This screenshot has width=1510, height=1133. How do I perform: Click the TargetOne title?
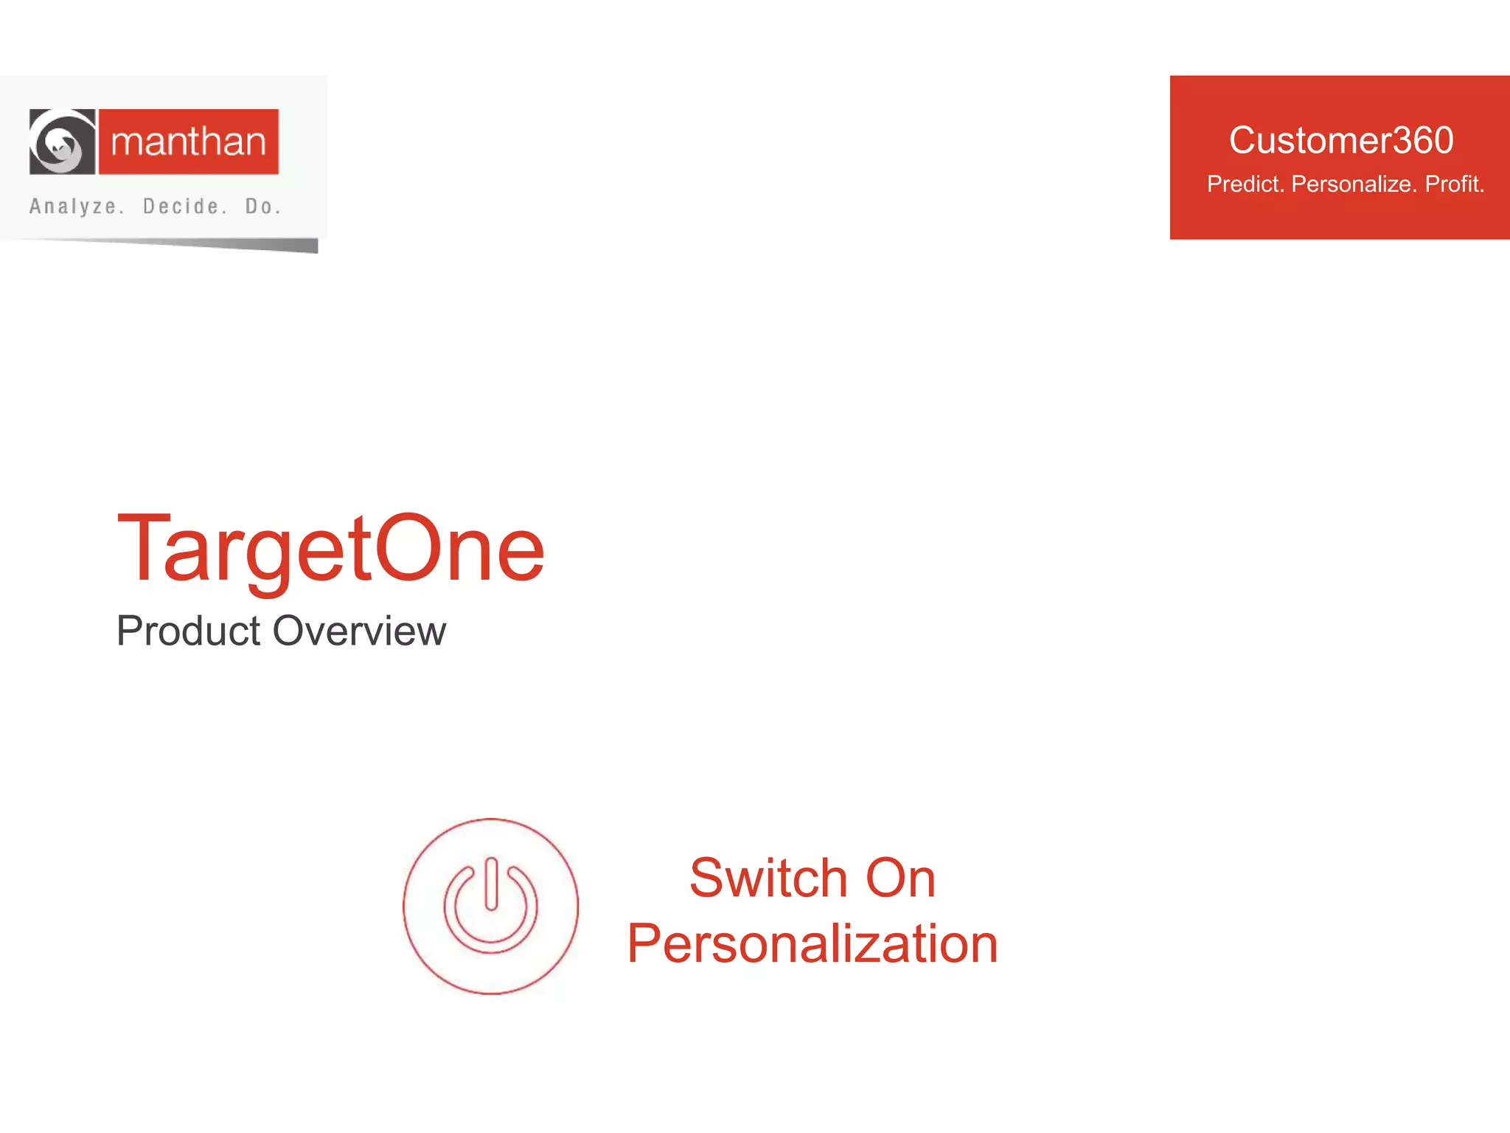pos(330,550)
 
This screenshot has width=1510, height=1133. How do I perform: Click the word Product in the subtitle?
pos(189,631)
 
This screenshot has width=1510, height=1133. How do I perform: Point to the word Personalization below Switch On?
pos(813,943)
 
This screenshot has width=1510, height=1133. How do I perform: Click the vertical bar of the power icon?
pos(491,884)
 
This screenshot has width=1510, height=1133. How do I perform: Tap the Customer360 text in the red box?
pos(1340,140)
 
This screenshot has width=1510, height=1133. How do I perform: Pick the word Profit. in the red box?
pos(1454,184)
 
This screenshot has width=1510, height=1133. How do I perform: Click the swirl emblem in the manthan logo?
pos(62,142)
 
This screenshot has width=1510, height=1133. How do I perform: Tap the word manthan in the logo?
pos(188,142)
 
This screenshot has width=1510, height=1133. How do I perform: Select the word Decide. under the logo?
pos(185,207)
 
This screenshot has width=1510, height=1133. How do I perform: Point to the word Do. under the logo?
pos(263,207)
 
